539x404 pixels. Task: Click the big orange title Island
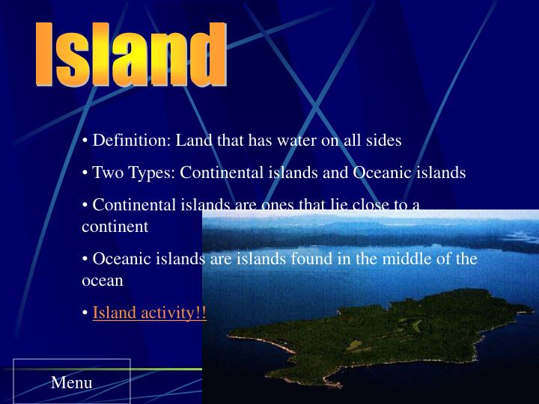pyautogui.click(x=131, y=54)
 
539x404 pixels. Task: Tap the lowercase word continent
pyautogui.click(x=115, y=226)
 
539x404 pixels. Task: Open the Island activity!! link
pyautogui.click(x=149, y=313)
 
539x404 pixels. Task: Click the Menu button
pyautogui.click(x=72, y=382)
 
